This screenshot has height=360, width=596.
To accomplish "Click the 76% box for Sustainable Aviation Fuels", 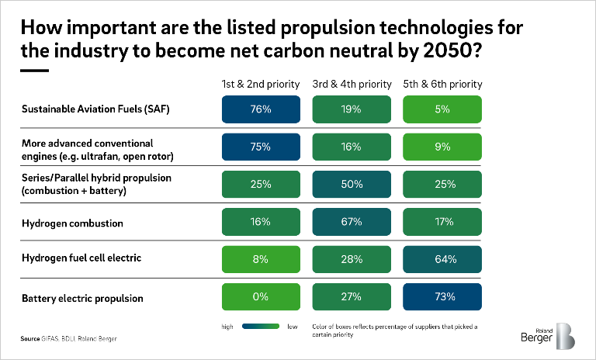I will (261, 109).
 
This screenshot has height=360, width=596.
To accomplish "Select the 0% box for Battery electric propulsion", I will (261, 296).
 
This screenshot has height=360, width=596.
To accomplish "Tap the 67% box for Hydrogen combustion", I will (352, 222).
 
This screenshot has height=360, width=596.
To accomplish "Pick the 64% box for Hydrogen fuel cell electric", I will (442, 259).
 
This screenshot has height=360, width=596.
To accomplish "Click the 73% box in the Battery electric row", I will (442, 296).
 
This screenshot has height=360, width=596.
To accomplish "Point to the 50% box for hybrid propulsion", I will (352, 185).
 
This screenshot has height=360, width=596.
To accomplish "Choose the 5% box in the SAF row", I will (442, 109).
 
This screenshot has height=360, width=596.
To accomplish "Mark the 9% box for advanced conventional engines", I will (442, 147).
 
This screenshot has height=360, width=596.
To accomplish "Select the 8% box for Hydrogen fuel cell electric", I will (261, 259).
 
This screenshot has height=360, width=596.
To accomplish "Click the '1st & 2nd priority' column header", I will (261, 84).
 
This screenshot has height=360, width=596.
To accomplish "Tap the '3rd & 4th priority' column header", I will (352, 84).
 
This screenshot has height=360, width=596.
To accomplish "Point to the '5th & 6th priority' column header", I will (442, 84).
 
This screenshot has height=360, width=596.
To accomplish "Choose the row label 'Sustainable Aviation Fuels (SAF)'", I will (94, 109).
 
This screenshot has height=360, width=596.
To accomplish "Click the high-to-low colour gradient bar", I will (262, 327).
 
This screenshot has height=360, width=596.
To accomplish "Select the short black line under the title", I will (33, 71).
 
